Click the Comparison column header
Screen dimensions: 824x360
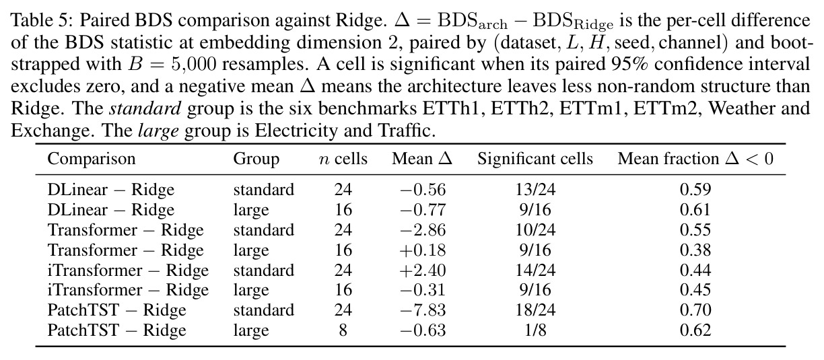point(92,159)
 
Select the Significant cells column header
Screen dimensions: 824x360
point(535,159)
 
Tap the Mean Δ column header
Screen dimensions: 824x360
point(422,159)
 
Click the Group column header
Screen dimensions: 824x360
point(256,159)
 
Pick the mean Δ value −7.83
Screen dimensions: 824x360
point(423,310)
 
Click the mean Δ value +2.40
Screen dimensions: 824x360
point(423,271)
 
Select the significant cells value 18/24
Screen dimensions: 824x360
point(535,310)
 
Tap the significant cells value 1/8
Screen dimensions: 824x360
point(535,330)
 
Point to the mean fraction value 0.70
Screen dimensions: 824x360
point(695,310)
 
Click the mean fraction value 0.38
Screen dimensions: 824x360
point(695,250)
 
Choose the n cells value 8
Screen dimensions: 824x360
point(343,330)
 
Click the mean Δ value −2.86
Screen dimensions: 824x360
point(423,230)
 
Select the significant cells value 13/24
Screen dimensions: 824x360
point(535,190)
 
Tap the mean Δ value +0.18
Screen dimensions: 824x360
point(423,250)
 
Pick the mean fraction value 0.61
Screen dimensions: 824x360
point(695,210)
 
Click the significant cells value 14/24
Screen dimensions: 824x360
point(535,271)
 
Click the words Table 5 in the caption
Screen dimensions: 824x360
point(42,21)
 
